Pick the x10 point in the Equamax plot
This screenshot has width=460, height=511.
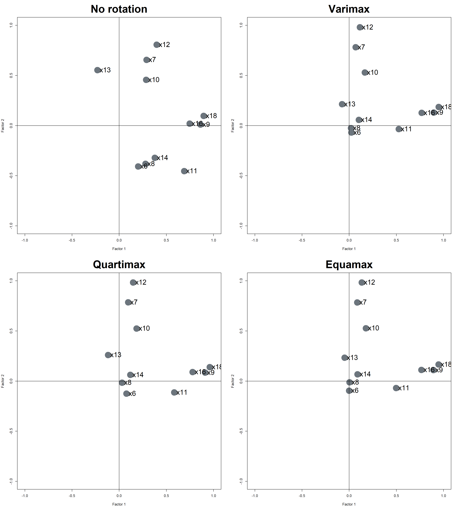pyautogui.click(x=366, y=328)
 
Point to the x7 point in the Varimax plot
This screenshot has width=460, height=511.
pyautogui.click(x=356, y=47)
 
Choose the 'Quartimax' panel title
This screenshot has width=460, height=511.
pyautogui.click(x=119, y=265)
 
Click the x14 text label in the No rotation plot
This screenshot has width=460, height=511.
pyautogui.click(x=163, y=158)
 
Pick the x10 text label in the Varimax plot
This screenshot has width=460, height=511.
pyautogui.click(x=373, y=73)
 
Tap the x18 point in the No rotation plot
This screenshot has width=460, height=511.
pyautogui.click(x=204, y=116)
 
